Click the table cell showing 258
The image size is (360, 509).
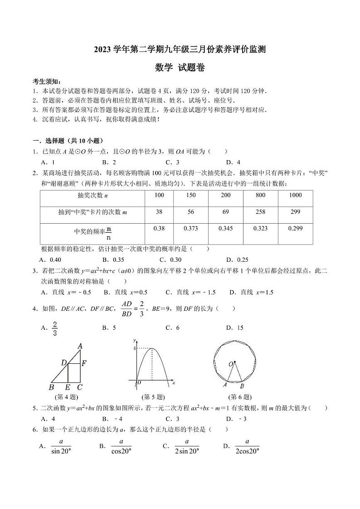pos(261,212)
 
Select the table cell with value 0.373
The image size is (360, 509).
pos(191,229)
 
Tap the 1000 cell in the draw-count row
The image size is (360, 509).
pos(295,195)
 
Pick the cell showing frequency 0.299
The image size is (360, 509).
pos(295,229)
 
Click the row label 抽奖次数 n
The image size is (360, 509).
pos(92,195)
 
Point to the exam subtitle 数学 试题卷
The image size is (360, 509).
pos(180,68)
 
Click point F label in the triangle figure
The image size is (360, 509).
pos(84,363)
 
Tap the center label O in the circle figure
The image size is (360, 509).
pos(230,364)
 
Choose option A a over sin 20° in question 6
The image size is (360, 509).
pos(57,447)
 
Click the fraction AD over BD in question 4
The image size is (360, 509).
pos(126,308)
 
